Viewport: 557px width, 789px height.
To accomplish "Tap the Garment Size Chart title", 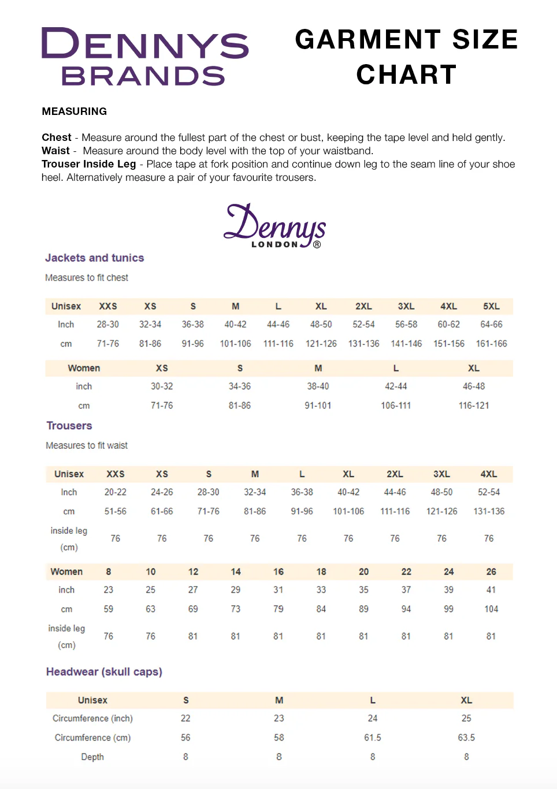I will pyautogui.click(x=406, y=57).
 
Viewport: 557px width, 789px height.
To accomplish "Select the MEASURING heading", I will pyautogui.click(x=74, y=111).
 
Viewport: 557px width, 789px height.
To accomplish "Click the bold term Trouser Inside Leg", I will pyautogui.click(x=88, y=164).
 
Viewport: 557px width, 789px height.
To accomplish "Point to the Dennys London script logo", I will pyautogui.click(x=275, y=226).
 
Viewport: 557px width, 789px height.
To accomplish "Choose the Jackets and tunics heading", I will pyautogui.click(x=94, y=258).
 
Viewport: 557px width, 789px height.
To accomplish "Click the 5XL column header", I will pyautogui.click(x=491, y=306).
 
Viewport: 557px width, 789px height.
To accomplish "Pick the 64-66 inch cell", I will pyautogui.click(x=491, y=325).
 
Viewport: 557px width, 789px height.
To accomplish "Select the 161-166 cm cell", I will pyautogui.click(x=491, y=344).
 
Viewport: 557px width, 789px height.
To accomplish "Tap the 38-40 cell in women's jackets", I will pyautogui.click(x=318, y=386).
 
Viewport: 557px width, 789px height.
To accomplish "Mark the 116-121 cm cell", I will pyautogui.click(x=473, y=405).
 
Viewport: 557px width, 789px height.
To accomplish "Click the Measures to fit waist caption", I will pyautogui.click(x=87, y=446).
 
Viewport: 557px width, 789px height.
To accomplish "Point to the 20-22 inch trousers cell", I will pyautogui.click(x=115, y=492).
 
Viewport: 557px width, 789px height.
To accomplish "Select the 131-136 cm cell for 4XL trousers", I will pyautogui.click(x=489, y=511).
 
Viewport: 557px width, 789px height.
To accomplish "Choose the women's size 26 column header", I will pyautogui.click(x=491, y=572).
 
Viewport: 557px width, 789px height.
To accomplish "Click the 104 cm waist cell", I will pyautogui.click(x=491, y=609).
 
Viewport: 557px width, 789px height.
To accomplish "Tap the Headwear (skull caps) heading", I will pyautogui.click(x=104, y=672).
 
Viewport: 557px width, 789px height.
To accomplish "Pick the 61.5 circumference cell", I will pyautogui.click(x=372, y=738).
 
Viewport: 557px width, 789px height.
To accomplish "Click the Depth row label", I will pyautogui.click(x=92, y=757).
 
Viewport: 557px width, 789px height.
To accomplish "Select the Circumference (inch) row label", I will pyautogui.click(x=92, y=719).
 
